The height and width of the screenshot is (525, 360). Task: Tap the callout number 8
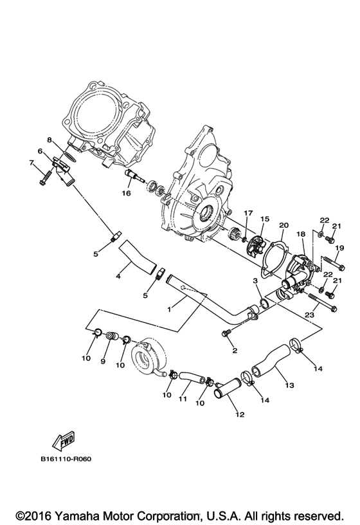[48, 139]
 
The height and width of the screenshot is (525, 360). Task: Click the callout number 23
[309, 315]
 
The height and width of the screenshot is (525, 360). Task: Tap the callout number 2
[235, 351]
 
